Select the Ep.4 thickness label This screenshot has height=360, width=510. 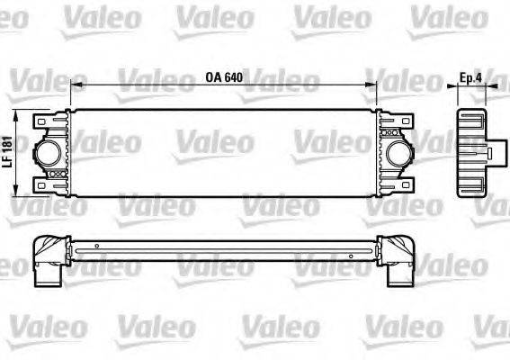(472, 76)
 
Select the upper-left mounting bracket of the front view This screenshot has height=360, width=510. (45, 119)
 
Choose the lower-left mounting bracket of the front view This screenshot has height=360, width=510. (45, 184)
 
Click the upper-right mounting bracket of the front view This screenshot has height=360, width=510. (400, 119)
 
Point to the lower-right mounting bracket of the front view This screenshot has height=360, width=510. (400, 184)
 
